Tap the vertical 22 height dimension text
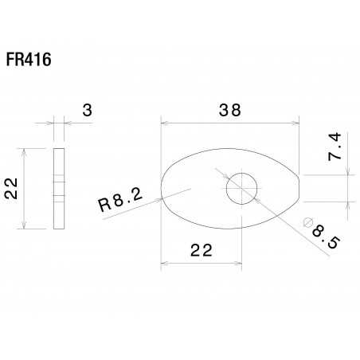coord(10,189)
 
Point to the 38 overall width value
coord(229,111)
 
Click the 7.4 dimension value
coord(335,149)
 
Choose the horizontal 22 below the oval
coord(200,250)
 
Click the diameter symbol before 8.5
coord(307,224)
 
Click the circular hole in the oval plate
coord(241,190)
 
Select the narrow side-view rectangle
coord(58,189)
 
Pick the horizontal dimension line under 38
coord(229,123)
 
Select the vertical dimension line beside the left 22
coord(27,189)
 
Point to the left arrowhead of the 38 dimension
coord(163,123)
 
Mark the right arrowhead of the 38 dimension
coord(296,123)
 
